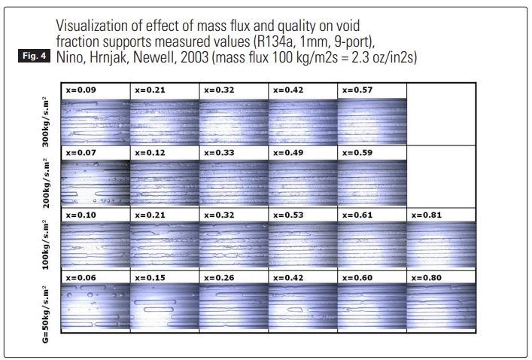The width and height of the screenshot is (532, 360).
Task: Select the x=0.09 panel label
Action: pyautogui.click(x=80, y=90)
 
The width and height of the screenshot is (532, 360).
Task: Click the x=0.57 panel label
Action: pyautogui.click(x=357, y=90)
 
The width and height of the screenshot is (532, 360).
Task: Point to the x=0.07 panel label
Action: pyautogui.click(x=80, y=152)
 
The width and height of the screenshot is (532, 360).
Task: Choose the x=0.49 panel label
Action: pyautogui.click(x=288, y=152)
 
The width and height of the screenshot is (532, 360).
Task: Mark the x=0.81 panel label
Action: pyautogui.click(x=427, y=215)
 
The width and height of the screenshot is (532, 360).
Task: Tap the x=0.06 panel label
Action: pyautogui.click(x=80, y=277)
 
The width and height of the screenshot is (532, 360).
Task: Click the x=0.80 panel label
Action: pyautogui.click(x=427, y=277)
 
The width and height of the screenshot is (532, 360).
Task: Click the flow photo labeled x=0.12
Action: pyautogui.click(x=163, y=182)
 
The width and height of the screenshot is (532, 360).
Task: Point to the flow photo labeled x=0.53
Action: pyautogui.click(x=302, y=243)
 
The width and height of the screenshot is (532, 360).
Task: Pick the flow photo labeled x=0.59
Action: pyautogui.click(x=371, y=182)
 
